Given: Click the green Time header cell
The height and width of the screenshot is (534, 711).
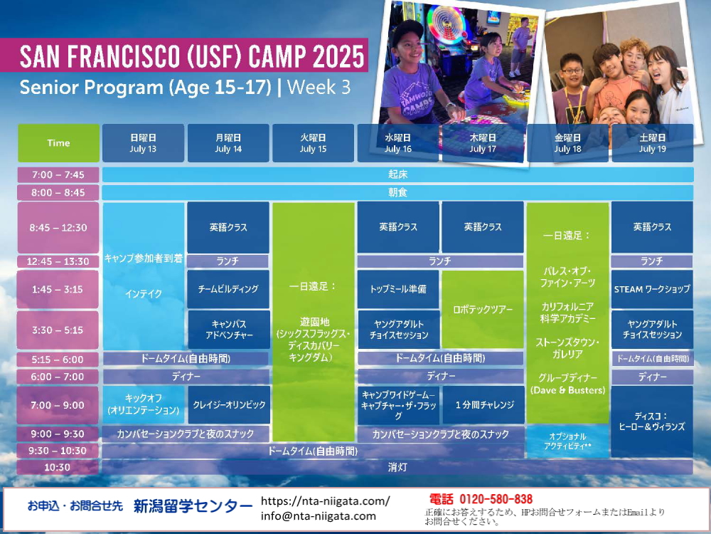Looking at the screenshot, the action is (x=58, y=143).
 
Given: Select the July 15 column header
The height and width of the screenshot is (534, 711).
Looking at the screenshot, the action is (x=314, y=143).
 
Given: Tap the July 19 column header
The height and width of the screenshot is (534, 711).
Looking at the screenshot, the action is (x=653, y=143).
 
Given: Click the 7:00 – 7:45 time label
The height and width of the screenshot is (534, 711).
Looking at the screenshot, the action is (x=58, y=175).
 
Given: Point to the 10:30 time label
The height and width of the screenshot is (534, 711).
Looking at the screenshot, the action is (x=58, y=467).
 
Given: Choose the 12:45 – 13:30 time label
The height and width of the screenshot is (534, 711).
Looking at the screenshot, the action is (x=58, y=261).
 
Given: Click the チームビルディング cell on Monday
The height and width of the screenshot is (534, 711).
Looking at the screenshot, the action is (x=228, y=289).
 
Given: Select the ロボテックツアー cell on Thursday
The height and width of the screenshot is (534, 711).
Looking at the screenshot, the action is (x=483, y=310).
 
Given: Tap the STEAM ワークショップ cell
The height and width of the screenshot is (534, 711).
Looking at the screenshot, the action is (x=652, y=289).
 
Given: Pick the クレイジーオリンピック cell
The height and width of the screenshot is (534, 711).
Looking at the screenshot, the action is (x=229, y=405).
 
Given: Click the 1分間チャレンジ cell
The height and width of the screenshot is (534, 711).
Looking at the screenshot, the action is (x=483, y=405).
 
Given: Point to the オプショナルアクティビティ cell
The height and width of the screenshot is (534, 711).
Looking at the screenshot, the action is (x=567, y=441).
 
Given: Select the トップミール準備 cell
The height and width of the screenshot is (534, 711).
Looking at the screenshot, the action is (x=398, y=289).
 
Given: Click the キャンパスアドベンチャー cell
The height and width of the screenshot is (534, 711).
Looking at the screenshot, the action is (x=229, y=330).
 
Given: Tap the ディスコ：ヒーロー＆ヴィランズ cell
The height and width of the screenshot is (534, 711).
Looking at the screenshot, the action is (x=652, y=422).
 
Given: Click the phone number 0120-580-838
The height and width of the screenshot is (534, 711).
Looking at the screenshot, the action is (x=496, y=500).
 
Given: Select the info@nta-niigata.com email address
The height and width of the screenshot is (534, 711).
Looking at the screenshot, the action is (x=319, y=515).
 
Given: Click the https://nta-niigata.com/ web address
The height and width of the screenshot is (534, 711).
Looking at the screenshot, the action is (x=325, y=501).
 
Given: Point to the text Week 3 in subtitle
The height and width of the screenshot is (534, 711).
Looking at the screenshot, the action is (x=319, y=87).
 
